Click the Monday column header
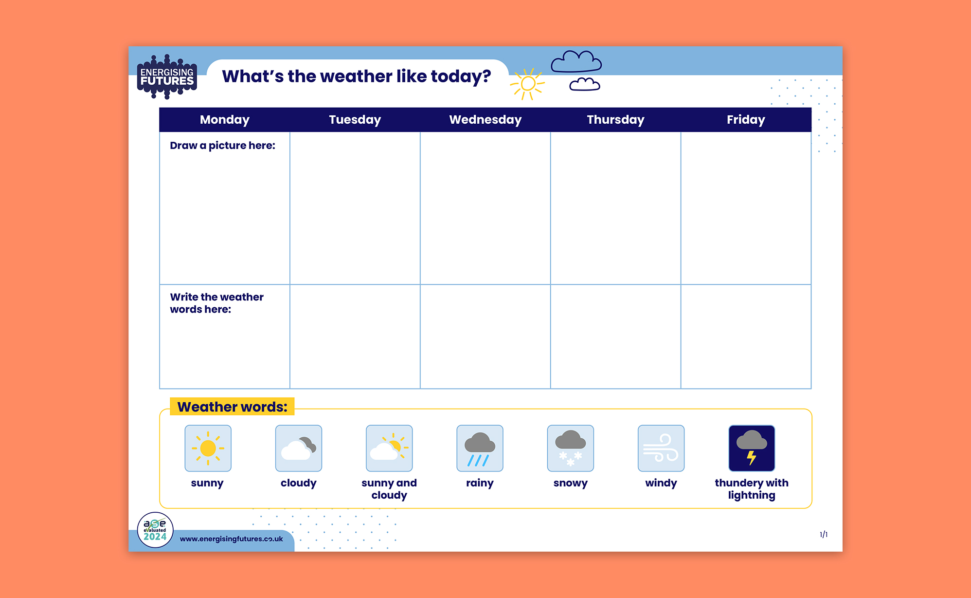[225, 120]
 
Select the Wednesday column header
[485, 120]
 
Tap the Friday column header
[746, 120]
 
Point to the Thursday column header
[615, 120]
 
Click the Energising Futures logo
[167, 77]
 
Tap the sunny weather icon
[208, 448]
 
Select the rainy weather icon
[480, 448]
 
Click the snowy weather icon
[570, 448]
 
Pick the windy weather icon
[661, 448]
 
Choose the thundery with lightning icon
[751, 448]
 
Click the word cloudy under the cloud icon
[298, 483]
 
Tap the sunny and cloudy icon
[389, 448]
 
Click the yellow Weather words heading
[232, 407]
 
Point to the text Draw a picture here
[222, 146]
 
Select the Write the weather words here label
[216, 303]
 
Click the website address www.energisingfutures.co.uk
[231, 539]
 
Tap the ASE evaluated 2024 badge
[155, 530]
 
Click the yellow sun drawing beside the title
[527, 84]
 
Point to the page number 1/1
[824, 535]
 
